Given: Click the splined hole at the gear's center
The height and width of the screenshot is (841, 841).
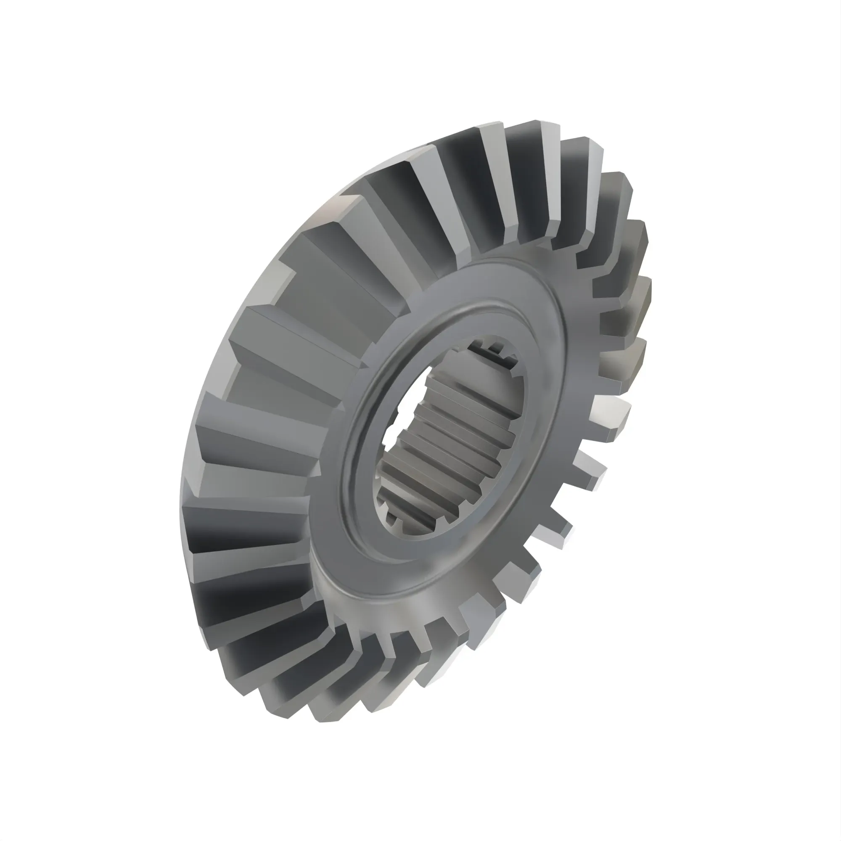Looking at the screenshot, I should tap(453, 440).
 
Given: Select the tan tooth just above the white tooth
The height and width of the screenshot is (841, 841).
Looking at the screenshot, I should tap(622, 361).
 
